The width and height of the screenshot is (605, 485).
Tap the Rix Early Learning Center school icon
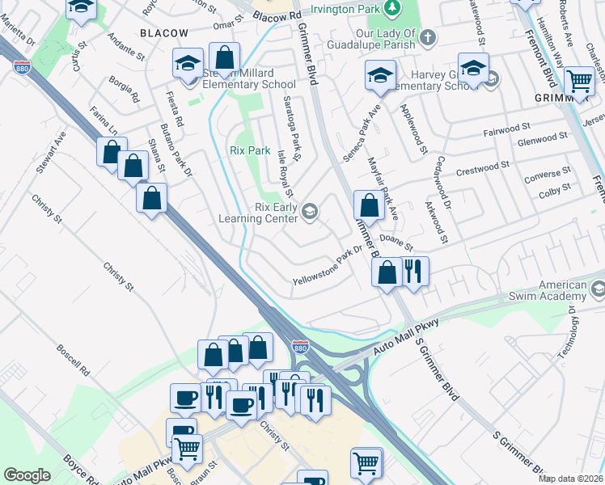click(x=309, y=212)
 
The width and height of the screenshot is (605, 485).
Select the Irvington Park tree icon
click(x=391, y=7)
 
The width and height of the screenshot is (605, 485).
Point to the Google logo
click(x=27, y=475)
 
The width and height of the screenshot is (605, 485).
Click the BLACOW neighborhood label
click(x=163, y=33)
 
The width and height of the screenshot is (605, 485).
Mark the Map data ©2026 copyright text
click(x=571, y=479)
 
